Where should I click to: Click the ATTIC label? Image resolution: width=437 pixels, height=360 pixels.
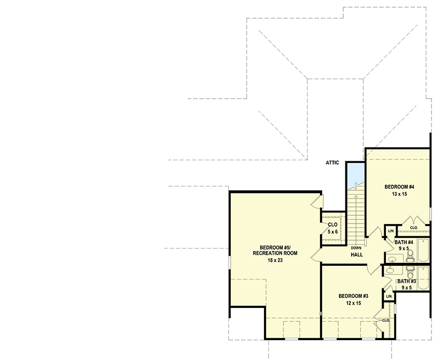pos(332,163)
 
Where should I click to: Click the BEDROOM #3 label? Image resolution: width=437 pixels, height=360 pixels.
pos(353,296)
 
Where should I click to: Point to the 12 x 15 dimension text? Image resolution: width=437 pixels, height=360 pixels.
pos(353,303)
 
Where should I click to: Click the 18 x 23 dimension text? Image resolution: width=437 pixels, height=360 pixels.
pos(275,260)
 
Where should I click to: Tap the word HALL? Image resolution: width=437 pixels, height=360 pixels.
pos(357,255)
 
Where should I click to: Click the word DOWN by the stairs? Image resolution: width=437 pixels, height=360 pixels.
pos(355,247)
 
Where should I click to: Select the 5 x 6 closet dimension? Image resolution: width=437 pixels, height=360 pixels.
pos(333,232)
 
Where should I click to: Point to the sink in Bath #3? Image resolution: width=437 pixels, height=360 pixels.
pos(391,271)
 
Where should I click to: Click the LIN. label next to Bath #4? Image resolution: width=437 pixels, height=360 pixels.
pos(391,230)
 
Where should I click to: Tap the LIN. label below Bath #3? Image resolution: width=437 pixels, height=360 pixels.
pos(389,297)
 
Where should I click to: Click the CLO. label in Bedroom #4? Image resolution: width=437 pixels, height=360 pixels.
pos(414,227)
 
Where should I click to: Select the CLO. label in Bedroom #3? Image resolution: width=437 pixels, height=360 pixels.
pos(386,320)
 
